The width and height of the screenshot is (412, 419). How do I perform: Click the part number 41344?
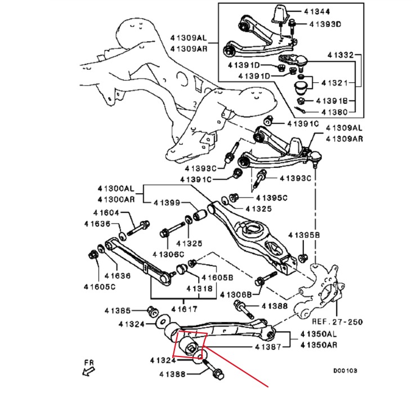coord(317,11)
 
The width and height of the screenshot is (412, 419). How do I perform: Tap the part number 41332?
coord(341,55)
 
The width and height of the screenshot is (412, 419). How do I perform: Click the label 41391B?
coord(334,101)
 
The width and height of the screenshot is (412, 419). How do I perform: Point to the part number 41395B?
coord(304,234)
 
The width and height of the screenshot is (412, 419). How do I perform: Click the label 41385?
coord(118,310)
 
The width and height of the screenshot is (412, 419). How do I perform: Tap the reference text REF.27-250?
coord(337,322)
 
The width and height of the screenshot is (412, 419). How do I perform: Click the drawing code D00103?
coord(344,371)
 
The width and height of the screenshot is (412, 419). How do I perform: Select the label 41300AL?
coord(116,190)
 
